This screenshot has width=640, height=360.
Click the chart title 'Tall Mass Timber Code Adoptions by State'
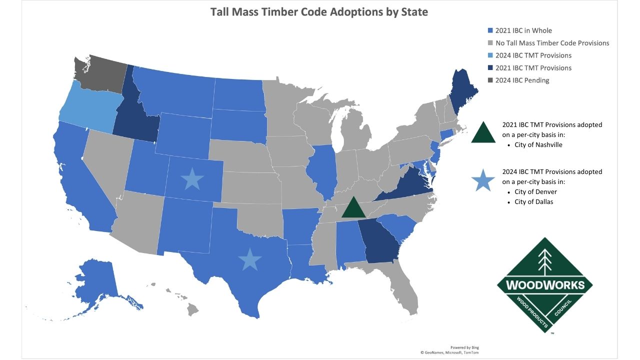tap(319, 12)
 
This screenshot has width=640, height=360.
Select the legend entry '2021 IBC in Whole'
tap(523, 30)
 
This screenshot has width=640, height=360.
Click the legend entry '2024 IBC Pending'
tap(522, 80)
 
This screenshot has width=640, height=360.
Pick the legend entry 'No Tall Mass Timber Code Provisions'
tap(552, 43)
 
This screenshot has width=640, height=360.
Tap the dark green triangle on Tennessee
tap(353, 208)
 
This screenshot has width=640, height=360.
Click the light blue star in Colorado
tap(192, 178)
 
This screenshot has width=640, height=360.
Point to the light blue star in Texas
tap(249, 259)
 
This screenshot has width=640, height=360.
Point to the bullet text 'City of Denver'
tap(535, 192)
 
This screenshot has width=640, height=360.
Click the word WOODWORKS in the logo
tap(544, 285)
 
